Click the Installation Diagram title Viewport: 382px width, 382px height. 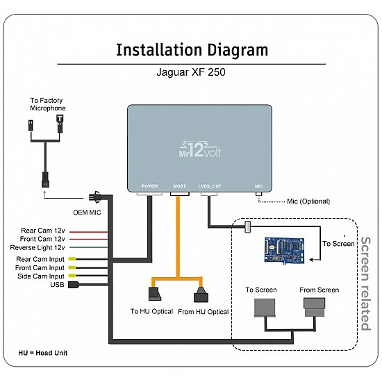(x=192, y=50)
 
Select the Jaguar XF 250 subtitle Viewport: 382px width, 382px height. (x=191, y=72)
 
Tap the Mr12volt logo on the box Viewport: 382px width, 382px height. (x=200, y=149)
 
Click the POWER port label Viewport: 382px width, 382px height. (x=150, y=186)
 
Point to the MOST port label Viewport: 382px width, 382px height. (x=180, y=186)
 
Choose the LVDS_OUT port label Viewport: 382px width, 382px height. (x=210, y=186)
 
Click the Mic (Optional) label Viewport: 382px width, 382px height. (x=308, y=201)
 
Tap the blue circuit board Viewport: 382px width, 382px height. (x=285, y=250)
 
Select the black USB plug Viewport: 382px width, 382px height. (x=74, y=285)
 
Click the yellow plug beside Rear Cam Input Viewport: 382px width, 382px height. (x=72, y=259)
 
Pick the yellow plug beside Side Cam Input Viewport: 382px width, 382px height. (x=72, y=276)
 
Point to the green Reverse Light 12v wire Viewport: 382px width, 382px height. (x=89, y=247)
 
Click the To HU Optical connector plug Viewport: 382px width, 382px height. (x=155, y=294)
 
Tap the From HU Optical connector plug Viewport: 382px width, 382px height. (x=201, y=294)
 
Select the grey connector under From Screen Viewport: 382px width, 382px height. (x=315, y=307)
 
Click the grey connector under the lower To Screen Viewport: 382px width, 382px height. (x=265, y=308)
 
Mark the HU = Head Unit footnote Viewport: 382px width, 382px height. (x=43, y=353)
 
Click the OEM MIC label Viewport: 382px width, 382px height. (x=87, y=213)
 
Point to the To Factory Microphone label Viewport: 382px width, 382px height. (x=48, y=104)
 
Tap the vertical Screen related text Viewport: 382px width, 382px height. (x=365, y=283)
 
